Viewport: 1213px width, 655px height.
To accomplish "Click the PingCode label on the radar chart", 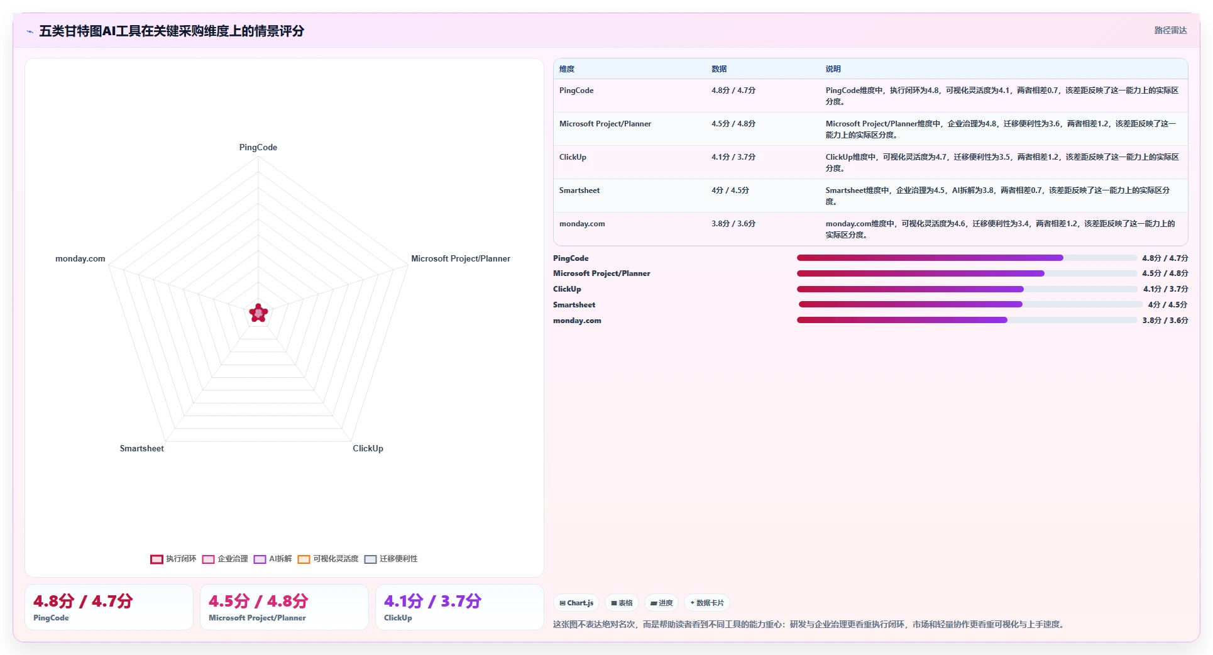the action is pos(258,147).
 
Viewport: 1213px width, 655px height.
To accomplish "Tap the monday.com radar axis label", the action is pos(80,258).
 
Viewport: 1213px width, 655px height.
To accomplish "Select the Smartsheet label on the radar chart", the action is pos(142,448).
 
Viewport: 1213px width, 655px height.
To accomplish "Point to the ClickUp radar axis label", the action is pos(368,448).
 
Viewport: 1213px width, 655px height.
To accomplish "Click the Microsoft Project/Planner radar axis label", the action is pos(461,258).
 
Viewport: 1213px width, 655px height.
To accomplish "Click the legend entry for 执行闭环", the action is pos(173,559).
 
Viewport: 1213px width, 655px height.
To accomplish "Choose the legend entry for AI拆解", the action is pos(273,559).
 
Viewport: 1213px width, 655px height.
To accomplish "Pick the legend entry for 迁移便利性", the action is pos(391,559).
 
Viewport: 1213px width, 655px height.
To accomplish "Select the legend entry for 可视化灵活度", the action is pos(328,559).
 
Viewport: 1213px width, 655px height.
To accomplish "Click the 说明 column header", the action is pos(833,69).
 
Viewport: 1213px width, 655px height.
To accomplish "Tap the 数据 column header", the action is pos(719,69).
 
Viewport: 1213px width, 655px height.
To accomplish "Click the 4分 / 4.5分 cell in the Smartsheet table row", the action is pos(730,190).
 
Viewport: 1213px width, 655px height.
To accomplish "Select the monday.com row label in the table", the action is pos(582,224).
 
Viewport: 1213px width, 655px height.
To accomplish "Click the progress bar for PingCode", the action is pos(967,258).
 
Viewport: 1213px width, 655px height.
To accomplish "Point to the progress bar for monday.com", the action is pos(967,320).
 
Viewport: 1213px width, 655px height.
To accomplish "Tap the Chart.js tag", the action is pos(576,603).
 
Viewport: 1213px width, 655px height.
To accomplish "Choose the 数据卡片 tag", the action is pos(707,603).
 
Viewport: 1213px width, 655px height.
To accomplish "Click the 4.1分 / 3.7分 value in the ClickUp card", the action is pos(433,601).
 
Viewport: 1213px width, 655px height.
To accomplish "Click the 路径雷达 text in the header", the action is pos(1170,30).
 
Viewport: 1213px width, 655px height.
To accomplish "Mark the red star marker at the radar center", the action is pos(258,312).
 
